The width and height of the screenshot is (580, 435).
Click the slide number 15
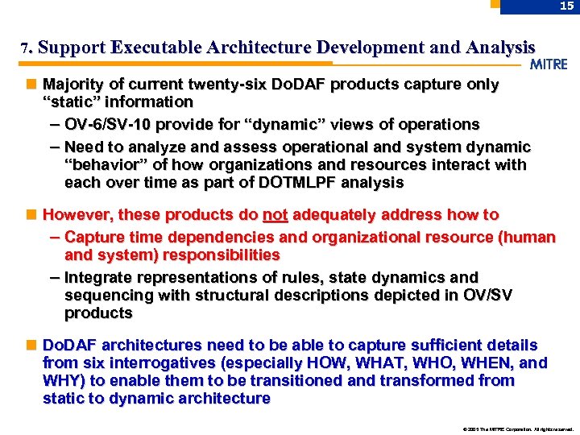567,6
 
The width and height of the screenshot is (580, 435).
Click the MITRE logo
549,64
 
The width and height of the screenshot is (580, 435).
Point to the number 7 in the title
25,48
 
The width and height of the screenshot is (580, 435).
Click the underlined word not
275,214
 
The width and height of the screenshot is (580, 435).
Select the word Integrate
97,277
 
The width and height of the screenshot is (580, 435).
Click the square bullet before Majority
30,84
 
